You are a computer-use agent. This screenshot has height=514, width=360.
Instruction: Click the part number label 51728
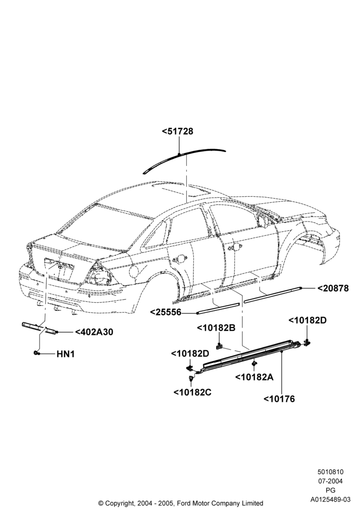point(177,131)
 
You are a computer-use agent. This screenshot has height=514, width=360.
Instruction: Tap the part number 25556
point(166,313)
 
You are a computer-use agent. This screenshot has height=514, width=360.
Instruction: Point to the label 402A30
point(94,332)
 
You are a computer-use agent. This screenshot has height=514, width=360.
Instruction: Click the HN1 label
point(66,354)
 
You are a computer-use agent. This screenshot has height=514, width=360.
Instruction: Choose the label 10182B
point(216,328)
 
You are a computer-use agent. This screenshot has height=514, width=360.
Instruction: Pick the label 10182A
point(254,377)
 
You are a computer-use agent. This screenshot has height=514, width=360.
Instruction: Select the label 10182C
point(192,392)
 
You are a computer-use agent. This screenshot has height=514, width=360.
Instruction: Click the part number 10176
point(279,399)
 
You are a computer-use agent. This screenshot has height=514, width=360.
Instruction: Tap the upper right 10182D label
point(308,320)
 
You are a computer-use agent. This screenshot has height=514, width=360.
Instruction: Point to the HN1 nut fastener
point(36,353)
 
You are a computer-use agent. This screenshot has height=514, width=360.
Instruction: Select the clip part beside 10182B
point(220,345)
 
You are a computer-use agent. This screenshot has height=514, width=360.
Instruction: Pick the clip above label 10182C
point(190,379)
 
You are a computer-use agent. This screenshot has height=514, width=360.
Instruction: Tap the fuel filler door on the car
point(134,271)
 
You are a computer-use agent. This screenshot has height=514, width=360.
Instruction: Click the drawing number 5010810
point(330,472)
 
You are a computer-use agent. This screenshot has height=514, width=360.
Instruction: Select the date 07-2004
point(330,481)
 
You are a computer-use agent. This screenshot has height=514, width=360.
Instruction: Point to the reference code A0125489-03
point(331,499)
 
